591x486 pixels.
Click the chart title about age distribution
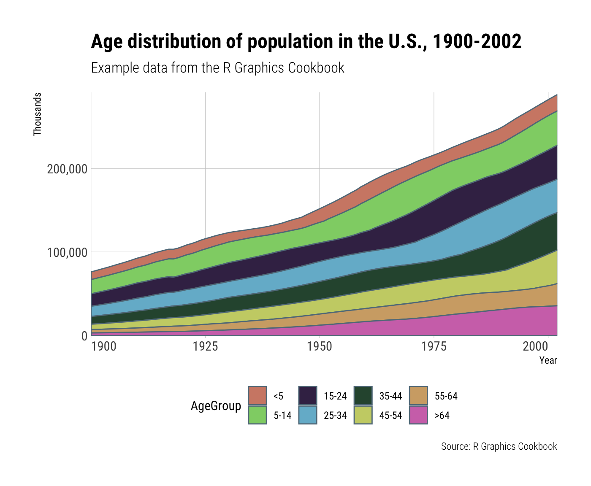(306, 42)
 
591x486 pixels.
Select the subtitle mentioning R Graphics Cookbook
(217, 68)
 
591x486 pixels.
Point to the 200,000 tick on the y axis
(67, 169)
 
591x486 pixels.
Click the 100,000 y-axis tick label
(67, 253)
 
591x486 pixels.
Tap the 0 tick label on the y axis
(84, 336)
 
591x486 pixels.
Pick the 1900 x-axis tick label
(103, 347)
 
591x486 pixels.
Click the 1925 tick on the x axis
(205, 347)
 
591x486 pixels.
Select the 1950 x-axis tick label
(320, 347)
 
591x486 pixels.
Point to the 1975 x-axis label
(434, 347)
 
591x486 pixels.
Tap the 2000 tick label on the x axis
(548, 347)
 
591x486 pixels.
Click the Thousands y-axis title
(38, 114)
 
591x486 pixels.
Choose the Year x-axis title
(548, 361)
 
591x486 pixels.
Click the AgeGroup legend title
(216, 406)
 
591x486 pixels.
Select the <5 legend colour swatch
(258, 396)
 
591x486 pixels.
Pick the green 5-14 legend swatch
(258, 415)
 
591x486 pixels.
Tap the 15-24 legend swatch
(308, 396)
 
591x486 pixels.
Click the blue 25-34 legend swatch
(308, 415)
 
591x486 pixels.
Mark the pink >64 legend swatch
(419, 415)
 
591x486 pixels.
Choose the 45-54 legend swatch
(363, 415)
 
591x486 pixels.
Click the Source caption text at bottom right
(499, 446)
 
